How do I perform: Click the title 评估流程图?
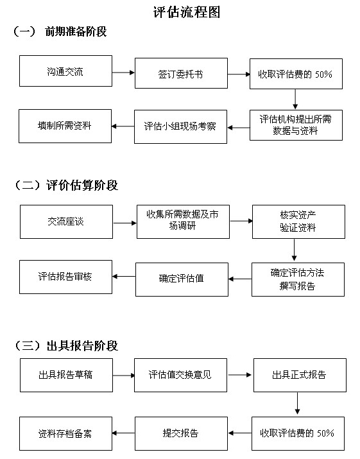pyautogui.click(x=187, y=12)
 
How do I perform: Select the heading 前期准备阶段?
pyautogui.click(x=76, y=31)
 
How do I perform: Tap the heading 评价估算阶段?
pyautogui.click(x=82, y=186)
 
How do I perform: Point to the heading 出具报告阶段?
pyautogui.click(x=82, y=346)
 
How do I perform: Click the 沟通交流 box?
pyautogui.click(x=65, y=71)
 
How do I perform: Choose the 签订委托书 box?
pyautogui.click(x=181, y=73)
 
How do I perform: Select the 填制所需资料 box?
pyautogui.click(x=65, y=126)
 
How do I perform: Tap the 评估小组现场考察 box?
pyautogui.click(x=180, y=126)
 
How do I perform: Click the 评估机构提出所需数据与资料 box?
pyautogui.click(x=296, y=125)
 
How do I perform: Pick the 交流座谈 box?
pyautogui.click(x=67, y=222)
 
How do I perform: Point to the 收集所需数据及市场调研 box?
pyautogui.click(x=183, y=222)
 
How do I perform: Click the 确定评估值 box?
pyautogui.click(x=182, y=279)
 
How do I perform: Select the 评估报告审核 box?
pyautogui.click(x=65, y=277)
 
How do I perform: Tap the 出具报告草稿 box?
pyautogui.click(x=66, y=376)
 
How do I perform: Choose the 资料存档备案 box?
pyautogui.click(x=65, y=433)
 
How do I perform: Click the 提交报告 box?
pyautogui.click(x=181, y=433)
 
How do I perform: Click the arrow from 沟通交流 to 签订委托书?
pyautogui.click(x=123, y=73)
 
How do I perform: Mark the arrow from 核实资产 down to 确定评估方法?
pyautogui.click(x=294, y=250)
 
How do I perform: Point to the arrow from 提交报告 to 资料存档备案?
pyautogui.click(x=123, y=433)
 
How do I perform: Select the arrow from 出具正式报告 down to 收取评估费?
pyautogui.click(x=297, y=403)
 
